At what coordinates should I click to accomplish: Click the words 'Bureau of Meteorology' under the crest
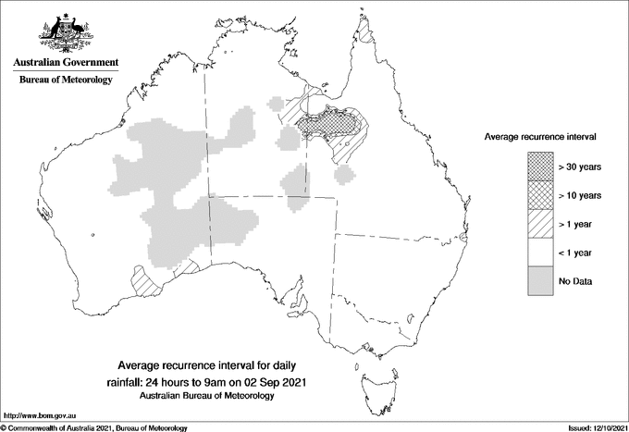(66, 80)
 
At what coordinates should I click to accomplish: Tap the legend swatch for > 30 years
(540, 167)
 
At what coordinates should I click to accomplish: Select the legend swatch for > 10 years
(540, 195)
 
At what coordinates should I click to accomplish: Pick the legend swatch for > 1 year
(540, 224)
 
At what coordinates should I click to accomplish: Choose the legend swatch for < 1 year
(540, 253)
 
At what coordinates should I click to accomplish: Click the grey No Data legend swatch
(540, 281)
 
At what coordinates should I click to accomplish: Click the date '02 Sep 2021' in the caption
(273, 381)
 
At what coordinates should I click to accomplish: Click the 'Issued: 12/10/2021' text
(589, 427)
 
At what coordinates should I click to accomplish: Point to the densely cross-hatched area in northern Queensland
(336, 121)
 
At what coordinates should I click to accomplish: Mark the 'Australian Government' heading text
(66, 63)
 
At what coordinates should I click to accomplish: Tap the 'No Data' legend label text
(575, 281)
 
